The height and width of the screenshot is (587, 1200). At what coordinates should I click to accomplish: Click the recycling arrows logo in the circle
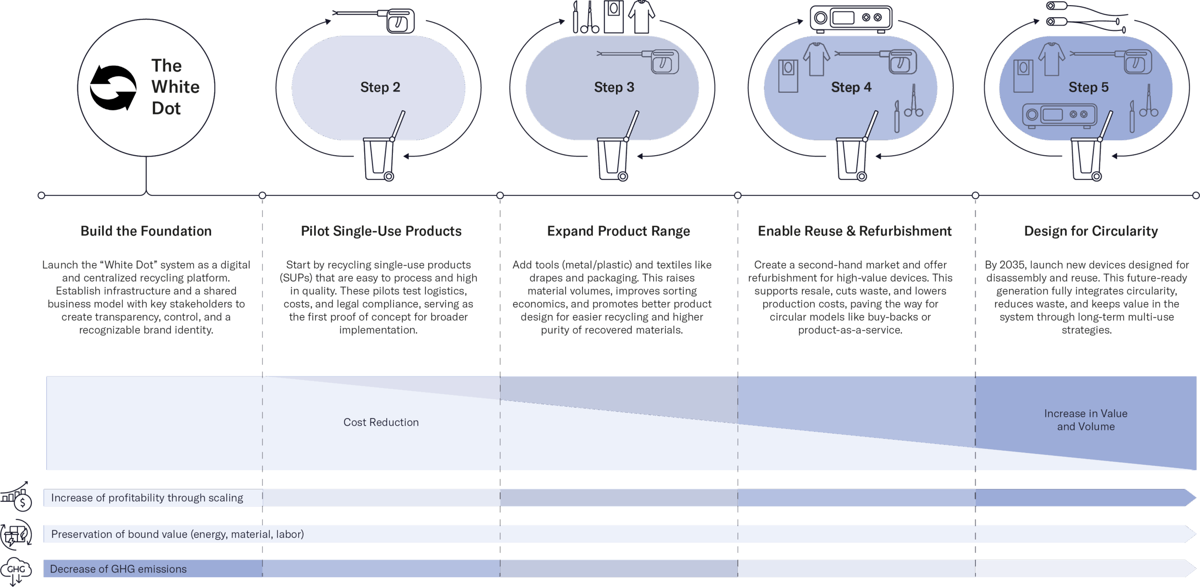(x=113, y=88)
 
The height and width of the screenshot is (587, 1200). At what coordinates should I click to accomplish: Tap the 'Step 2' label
(x=380, y=87)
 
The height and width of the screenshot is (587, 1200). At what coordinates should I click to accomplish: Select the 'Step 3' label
(x=614, y=87)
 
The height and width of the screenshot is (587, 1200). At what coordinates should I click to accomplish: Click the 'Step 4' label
(x=851, y=87)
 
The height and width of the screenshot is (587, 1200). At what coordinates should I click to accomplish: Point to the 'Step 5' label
(x=1088, y=87)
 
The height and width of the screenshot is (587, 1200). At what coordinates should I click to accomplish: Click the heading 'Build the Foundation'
(x=146, y=231)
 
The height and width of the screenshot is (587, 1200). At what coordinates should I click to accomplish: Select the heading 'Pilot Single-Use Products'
(x=381, y=231)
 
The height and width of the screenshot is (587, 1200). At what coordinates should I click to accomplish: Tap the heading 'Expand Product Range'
(x=618, y=231)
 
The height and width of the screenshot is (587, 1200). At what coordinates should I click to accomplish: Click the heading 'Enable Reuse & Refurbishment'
(x=855, y=231)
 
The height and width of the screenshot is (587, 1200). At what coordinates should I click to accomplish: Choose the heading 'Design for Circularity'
(x=1091, y=231)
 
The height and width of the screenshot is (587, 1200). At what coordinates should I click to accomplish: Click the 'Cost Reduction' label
(x=381, y=422)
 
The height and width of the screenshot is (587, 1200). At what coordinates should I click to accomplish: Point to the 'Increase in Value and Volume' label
(x=1086, y=420)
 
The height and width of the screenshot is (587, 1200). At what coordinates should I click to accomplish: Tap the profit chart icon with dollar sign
(x=16, y=496)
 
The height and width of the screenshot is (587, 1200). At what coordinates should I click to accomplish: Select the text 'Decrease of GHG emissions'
(x=118, y=569)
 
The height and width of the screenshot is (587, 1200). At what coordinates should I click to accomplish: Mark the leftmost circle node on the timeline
(x=41, y=196)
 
